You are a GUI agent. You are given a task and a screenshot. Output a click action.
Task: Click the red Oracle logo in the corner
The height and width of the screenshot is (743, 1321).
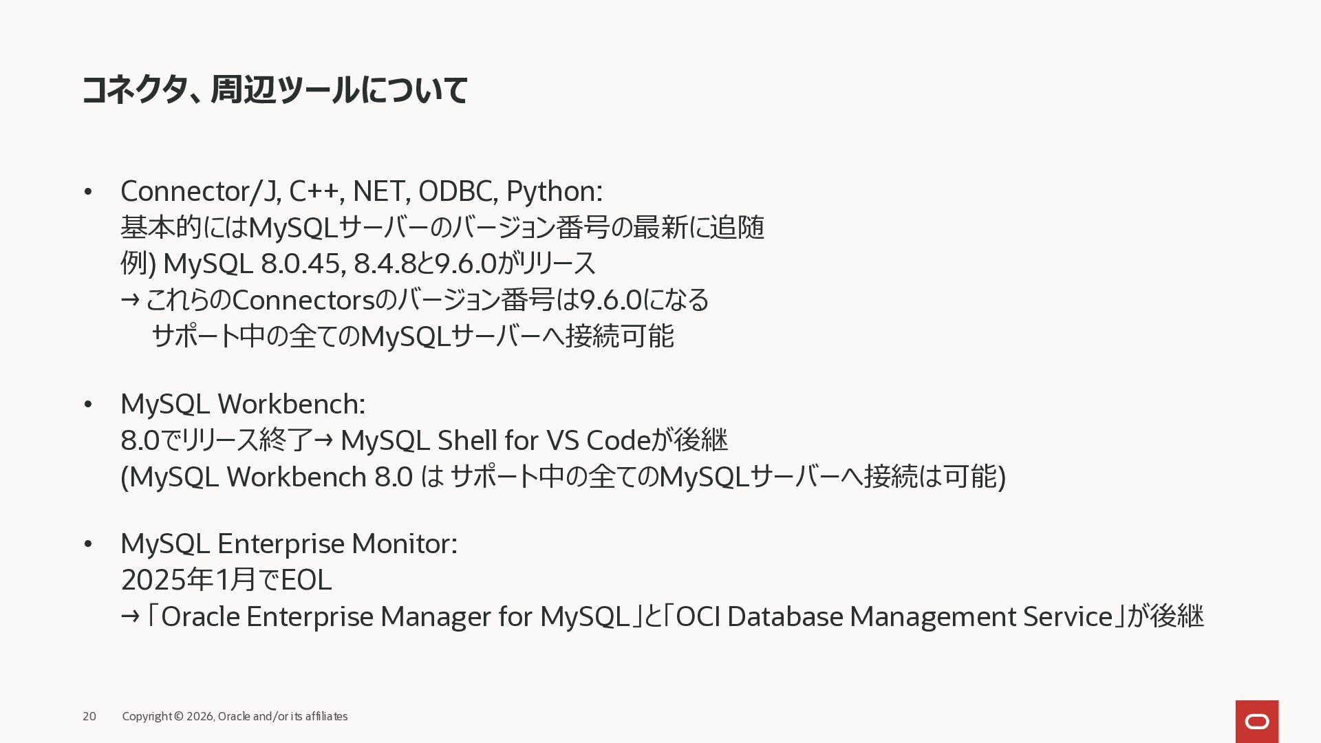(1256, 722)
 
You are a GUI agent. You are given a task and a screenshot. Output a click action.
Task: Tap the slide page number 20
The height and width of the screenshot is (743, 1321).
(89, 716)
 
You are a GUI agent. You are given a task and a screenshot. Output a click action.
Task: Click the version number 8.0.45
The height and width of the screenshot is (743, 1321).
(303, 263)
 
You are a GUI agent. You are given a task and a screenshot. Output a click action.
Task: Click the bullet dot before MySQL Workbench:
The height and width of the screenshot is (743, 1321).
(87, 405)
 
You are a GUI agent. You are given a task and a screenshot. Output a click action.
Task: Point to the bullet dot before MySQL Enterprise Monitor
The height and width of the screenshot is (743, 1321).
(87, 544)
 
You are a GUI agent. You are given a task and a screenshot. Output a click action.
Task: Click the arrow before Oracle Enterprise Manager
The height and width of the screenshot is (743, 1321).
(130, 616)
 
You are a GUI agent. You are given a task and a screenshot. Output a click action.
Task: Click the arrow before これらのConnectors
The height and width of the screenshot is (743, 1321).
(130, 300)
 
